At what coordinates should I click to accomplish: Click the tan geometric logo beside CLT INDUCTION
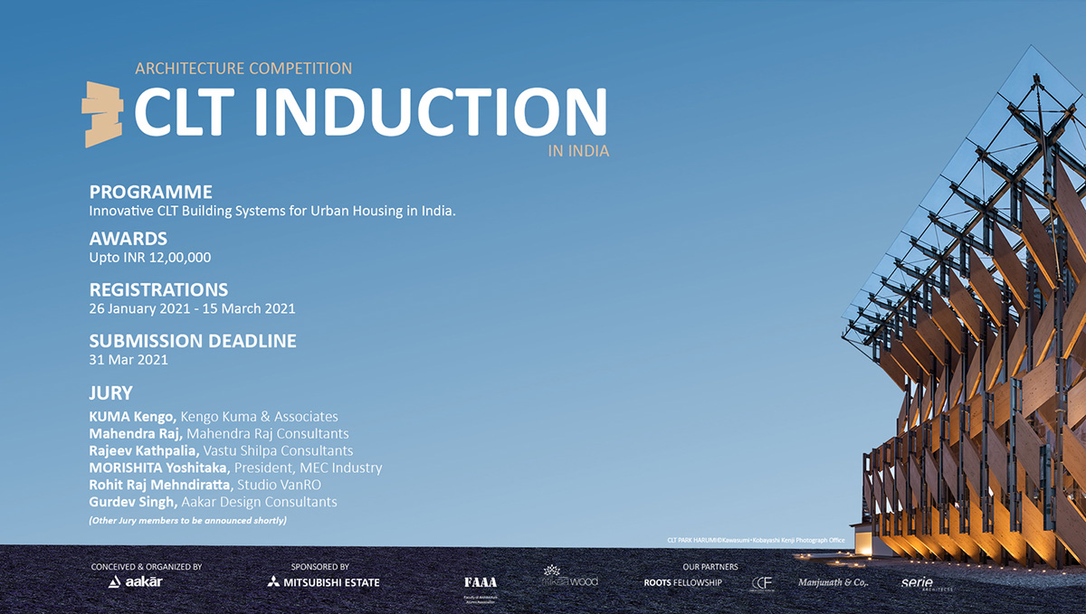point(101,114)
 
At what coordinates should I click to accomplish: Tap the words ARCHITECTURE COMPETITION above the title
point(243,68)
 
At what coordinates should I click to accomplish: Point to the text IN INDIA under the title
point(578,151)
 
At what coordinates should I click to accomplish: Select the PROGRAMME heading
point(150,192)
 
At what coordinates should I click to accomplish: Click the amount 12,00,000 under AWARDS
point(181,258)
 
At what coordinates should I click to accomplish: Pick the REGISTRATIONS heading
point(158,290)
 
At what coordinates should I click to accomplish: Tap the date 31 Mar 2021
point(129,359)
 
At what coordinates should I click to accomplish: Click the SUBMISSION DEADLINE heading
point(193,341)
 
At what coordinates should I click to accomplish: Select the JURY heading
point(110,393)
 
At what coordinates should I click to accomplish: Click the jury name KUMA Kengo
point(132,417)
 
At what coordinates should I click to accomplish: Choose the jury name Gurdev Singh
point(132,501)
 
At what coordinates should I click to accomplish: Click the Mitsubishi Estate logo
point(323,581)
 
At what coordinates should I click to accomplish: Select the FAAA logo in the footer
point(480,581)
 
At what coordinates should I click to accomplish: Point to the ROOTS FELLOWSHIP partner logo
point(682,582)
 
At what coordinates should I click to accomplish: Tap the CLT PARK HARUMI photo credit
point(755,540)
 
